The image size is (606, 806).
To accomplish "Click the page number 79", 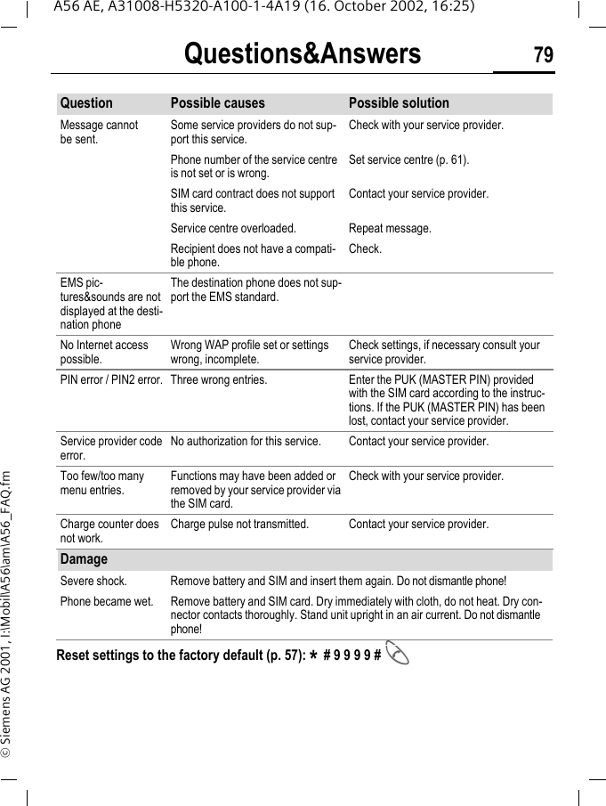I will coord(543,55).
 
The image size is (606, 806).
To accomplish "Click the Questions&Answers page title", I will coord(303,55).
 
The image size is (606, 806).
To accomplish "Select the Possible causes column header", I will coord(217,103).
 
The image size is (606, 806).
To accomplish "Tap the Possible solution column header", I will coord(399,103).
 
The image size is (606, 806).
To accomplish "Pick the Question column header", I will coord(86,103).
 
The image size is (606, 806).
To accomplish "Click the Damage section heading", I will coord(84,559).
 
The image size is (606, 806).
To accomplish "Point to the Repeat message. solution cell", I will coord(390,229).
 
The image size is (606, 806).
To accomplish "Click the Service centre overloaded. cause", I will coord(227,229).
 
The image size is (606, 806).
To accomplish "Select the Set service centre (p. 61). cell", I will coord(408,160).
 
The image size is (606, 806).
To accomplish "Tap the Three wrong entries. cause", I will coord(218,380).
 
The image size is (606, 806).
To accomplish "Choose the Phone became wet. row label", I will coord(106,601).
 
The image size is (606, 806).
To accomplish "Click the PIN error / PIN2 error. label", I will coord(111,380).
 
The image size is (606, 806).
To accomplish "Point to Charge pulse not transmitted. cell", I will coord(239,525).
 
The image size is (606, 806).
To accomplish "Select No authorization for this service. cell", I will coord(246,442).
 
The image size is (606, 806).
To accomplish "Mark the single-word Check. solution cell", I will coord(365,249).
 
